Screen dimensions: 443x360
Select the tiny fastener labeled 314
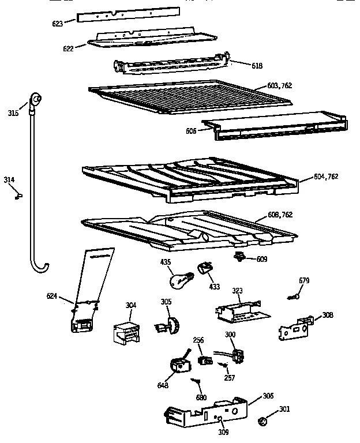[x=18, y=196]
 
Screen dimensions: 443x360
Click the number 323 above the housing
[x=237, y=291]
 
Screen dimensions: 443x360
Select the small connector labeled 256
[x=203, y=361]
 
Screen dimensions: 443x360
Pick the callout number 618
[x=257, y=66]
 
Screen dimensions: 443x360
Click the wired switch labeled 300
[x=234, y=355]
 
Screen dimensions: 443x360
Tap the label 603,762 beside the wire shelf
[x=279, y=85]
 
